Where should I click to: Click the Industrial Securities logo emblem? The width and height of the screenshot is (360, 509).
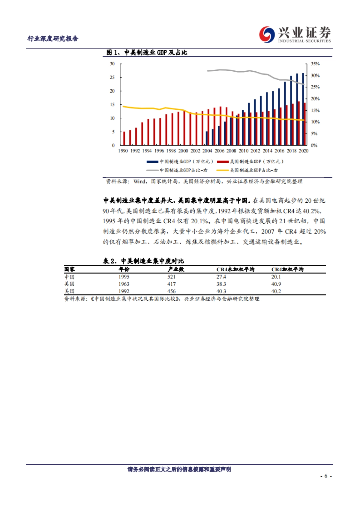[x=267, y=34]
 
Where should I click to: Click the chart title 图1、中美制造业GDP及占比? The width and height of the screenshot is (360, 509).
[x=147, y=52]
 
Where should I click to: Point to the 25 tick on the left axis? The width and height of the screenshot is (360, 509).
[x=112, y=77]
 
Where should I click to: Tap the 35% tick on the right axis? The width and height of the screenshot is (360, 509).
[x=315, y=64]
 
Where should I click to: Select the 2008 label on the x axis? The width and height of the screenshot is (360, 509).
[x=231, y=151]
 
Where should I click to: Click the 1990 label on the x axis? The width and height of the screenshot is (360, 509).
[x=123, y=151]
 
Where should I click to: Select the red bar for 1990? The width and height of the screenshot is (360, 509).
[x=124, y=138]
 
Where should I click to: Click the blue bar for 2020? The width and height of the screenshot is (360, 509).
[x=303, y=109]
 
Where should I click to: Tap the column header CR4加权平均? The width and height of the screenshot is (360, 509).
[x=287, y=269]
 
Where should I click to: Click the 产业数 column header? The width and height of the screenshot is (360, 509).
[x=176, y=269]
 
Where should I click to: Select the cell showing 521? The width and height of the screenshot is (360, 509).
[x=172, y=277]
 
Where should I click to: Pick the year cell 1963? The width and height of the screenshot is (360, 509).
[x=124, y=284]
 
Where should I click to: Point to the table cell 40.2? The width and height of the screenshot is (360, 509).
[x=276, y=291]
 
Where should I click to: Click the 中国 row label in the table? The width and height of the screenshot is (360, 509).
[x=69, y=277]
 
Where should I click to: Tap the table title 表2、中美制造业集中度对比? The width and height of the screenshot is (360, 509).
[x=143, y=261]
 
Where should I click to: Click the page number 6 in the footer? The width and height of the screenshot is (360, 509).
[x=326, y=476]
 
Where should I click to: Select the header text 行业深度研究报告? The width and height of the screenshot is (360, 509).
[x=53, y=38]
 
